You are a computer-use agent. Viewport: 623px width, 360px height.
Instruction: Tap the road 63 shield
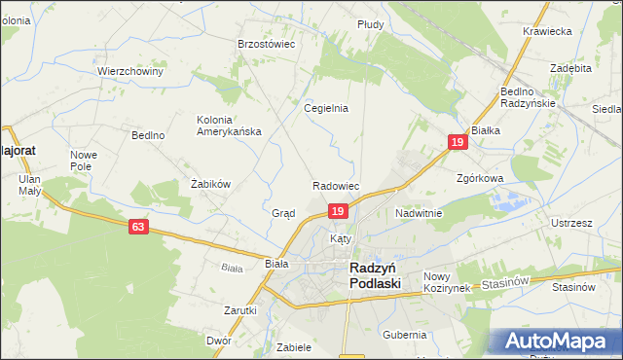point(138,227)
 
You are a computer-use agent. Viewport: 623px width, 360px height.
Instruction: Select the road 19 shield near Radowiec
point(337,211)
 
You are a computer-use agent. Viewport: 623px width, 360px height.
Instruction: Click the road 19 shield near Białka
point(458,142)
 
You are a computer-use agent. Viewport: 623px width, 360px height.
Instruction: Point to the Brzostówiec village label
point(266,44)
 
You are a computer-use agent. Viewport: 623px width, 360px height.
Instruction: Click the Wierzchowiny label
point(129,71)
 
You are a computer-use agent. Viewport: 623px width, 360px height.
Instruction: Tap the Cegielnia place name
point(326,108)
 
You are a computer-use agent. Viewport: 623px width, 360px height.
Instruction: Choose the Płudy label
point(370,23)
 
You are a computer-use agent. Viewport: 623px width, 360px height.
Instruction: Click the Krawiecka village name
point(546,31)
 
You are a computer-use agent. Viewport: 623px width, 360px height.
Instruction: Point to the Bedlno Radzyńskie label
point(527,96)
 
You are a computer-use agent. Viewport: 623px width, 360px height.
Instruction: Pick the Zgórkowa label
point(479,179)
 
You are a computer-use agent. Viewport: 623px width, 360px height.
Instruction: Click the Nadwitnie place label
point(419,212)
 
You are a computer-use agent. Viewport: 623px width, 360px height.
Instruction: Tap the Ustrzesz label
point(571,223)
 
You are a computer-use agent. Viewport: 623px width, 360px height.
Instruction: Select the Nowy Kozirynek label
point(447,282)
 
